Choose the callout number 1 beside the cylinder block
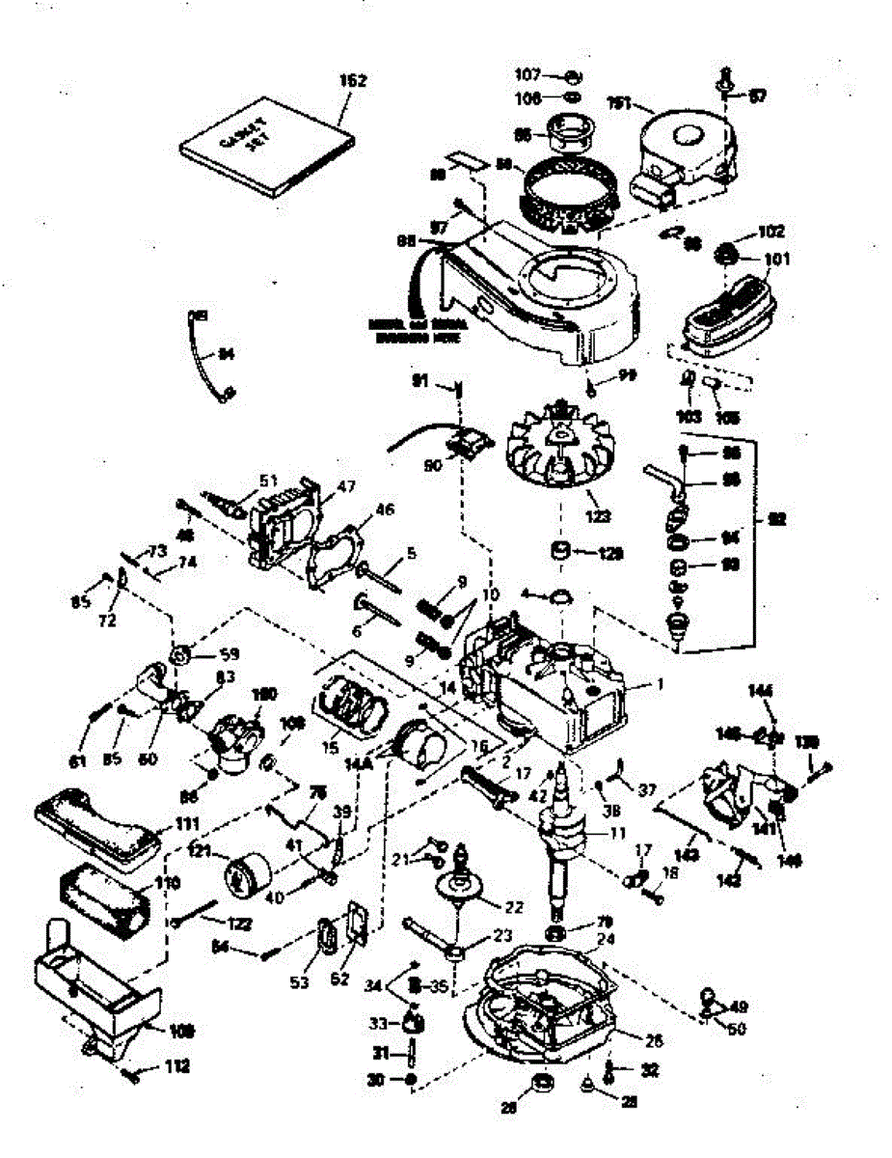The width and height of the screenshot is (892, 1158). click(661, 683)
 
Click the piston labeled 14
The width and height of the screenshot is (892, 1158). click(422, 738)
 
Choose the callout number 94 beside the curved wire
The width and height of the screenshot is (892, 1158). click(226, 354)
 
